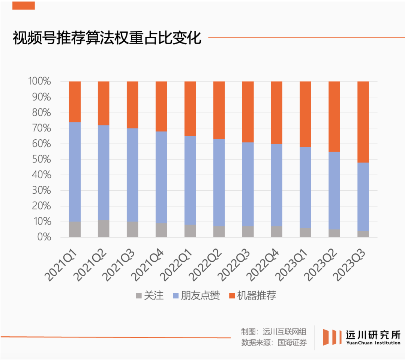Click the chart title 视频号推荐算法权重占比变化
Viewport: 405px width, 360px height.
pos(107,38)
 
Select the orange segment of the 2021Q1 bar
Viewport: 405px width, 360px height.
pos(75,102)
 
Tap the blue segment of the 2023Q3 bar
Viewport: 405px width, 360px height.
pos(363,196)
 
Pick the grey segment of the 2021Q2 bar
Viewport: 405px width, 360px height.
pos(103,229)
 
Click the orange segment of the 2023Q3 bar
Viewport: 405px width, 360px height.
pos(363,122)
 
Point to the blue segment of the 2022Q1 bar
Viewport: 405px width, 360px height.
pos(190,180)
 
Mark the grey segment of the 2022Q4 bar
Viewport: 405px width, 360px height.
pos(277,232)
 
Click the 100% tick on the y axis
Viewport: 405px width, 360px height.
pos(39,81)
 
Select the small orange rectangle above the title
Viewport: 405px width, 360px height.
pos(24,5)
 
